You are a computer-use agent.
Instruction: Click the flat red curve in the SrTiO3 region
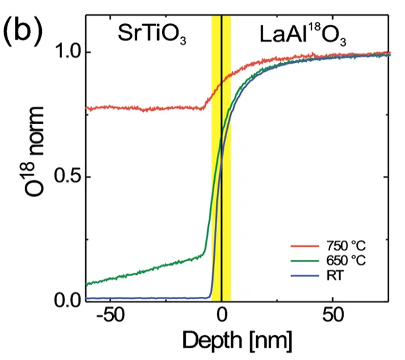[137, 108]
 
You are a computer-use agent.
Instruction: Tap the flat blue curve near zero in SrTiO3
[137, 298]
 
